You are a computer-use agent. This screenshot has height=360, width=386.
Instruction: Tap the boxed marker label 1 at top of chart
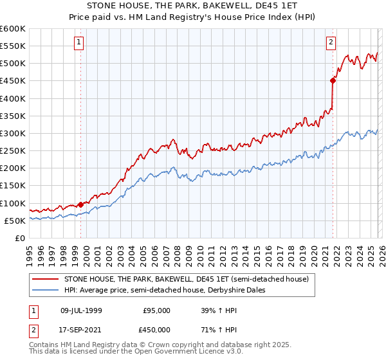click(x=78, y=42)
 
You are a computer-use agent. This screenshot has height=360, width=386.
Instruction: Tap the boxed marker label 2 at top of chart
click(x=331, y=42)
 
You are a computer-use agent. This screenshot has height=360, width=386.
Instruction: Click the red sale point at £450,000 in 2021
click(x=333, y=80)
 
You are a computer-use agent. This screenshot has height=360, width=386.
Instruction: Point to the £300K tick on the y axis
click(x=13, y=133)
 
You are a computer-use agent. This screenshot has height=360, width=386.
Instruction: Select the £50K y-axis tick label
click(x=15, y=221)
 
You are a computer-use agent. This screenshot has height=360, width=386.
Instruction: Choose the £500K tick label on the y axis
click(x=13, y=63)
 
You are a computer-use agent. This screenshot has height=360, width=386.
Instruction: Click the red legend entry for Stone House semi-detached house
click(x=187, y=279)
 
